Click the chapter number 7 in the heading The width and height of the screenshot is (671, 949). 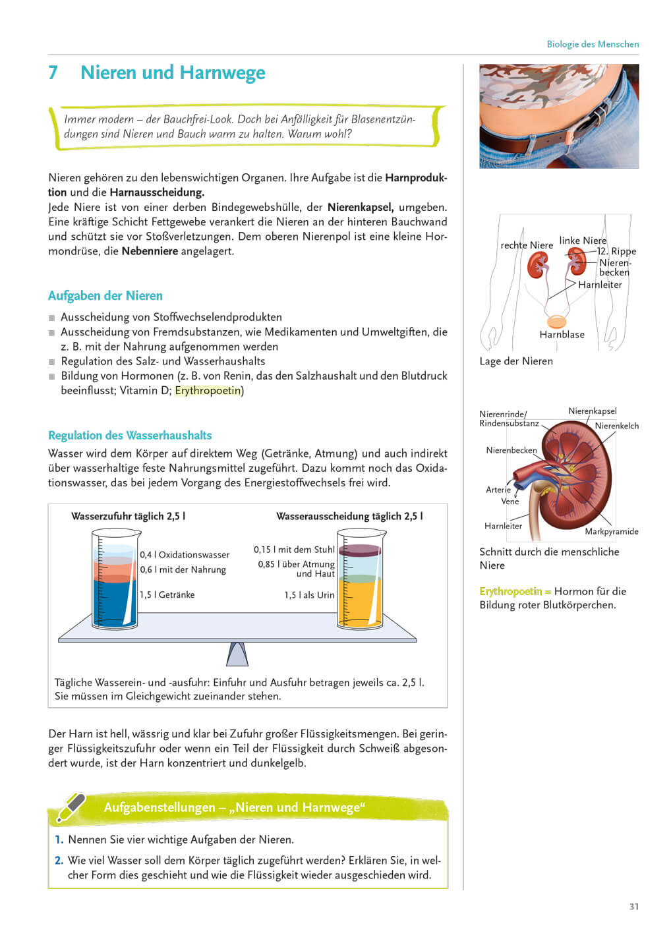53,72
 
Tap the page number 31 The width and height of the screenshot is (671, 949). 633,906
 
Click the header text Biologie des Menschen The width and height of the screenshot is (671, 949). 592,44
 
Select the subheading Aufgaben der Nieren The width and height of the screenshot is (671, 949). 105,296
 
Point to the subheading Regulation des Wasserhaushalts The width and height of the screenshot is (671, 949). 130,435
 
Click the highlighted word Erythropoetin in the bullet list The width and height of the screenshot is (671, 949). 208,390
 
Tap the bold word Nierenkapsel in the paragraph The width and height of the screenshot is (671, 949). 360,207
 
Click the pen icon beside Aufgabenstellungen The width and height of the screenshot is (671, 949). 71,807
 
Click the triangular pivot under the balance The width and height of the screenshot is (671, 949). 237,654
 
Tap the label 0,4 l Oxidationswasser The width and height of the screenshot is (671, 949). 185,555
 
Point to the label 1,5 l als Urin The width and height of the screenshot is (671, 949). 309,595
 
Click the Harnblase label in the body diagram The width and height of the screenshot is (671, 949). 562,335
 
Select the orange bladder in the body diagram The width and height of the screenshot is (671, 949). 557,322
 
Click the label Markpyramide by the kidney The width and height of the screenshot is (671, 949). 611,531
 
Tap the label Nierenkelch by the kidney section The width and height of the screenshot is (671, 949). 616,426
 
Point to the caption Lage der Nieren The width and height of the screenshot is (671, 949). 516,361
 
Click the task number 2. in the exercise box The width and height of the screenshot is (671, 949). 59,860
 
